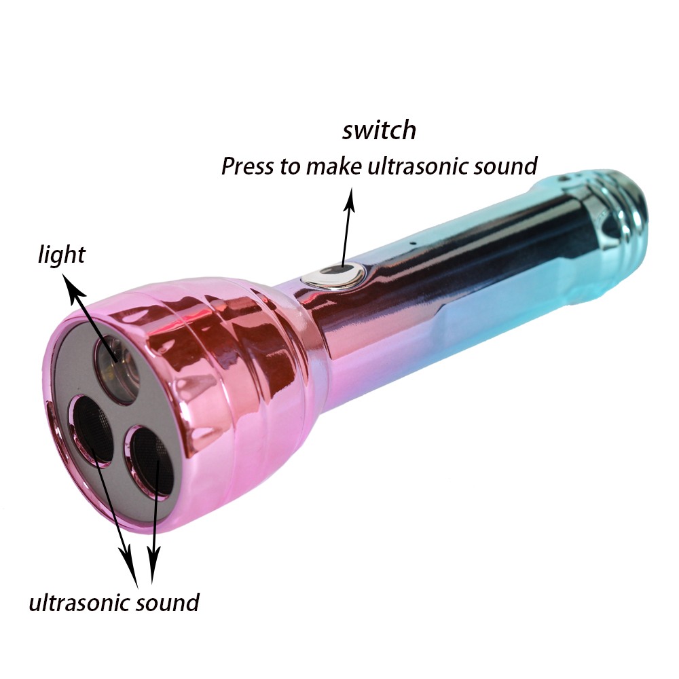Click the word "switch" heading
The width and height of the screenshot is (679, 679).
[379, 130]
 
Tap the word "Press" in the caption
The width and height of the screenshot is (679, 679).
[246, 166]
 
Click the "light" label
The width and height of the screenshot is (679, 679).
[62, 255]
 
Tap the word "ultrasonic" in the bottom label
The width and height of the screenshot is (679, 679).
[77, 602]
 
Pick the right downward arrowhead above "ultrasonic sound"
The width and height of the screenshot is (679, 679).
[152, 564]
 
